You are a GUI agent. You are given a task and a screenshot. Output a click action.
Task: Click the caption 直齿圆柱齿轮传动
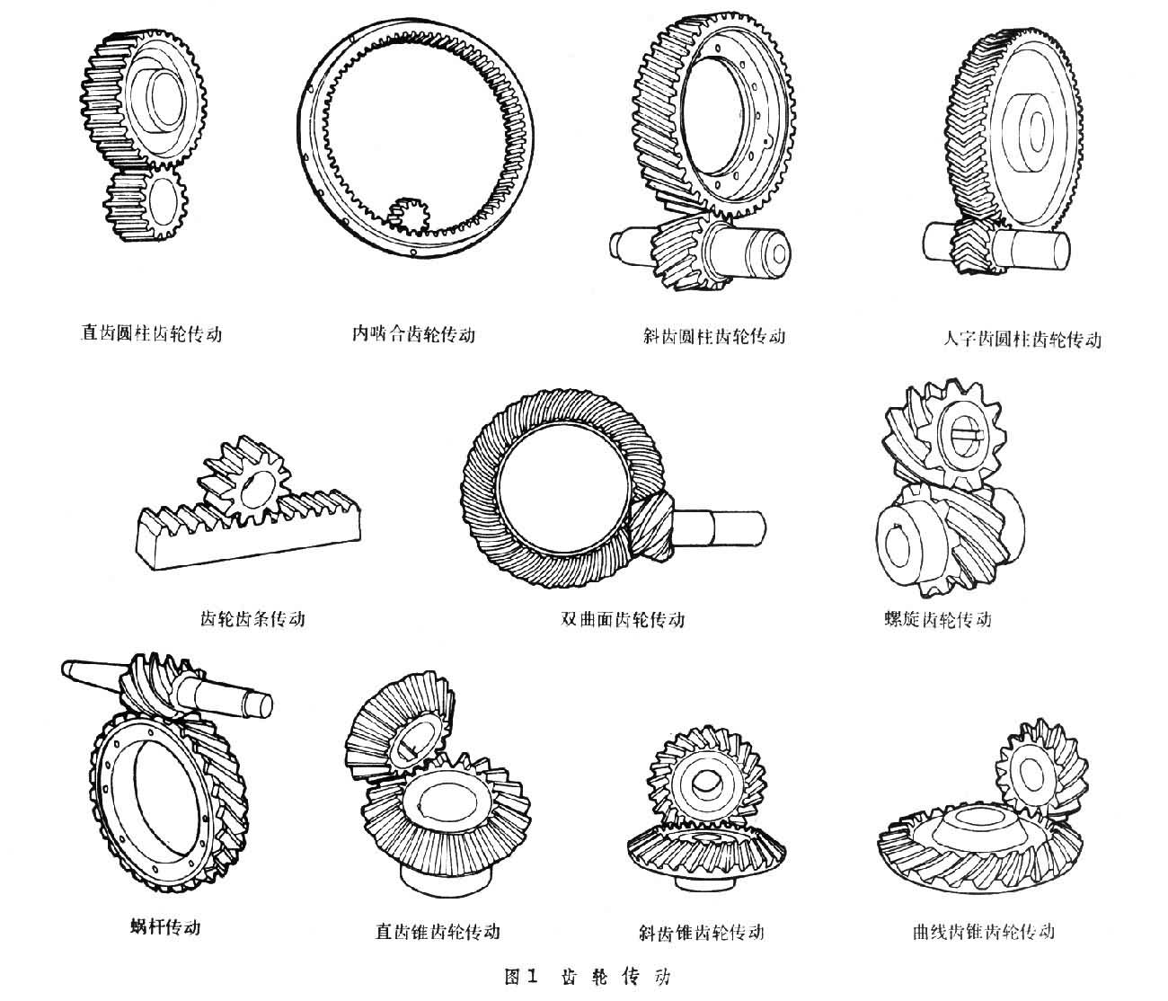(x=151, y=333)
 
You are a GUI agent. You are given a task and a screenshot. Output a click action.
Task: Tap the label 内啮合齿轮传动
(x=413, y=334)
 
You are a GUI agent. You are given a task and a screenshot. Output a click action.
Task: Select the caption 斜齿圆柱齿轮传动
(x=714, y=336)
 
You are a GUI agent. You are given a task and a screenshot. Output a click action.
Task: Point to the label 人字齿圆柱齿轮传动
(x=1022, y=339)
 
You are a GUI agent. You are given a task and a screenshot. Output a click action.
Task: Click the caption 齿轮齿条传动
(x=252, y=618)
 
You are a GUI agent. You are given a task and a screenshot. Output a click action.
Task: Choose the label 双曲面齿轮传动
(x=623, y=619)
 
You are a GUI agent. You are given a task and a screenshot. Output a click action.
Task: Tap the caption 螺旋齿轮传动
(x=938, y=619)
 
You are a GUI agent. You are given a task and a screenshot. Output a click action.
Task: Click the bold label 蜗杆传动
(x=165, y=926)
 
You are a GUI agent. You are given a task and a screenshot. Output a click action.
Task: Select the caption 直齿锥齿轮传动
(x=438, y=931)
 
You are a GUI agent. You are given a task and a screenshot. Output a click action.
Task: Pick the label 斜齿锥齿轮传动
(x=700, y=932)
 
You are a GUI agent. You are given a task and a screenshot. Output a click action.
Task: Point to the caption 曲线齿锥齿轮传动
(x=982, y=931)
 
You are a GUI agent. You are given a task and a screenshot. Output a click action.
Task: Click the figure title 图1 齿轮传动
(x=588, y=977)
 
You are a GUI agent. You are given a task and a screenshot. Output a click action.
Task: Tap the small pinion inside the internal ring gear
(x=409, y=216)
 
